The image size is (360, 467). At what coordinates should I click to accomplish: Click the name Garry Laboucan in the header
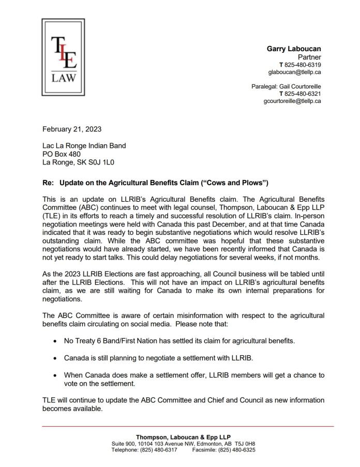[x=293, y=49]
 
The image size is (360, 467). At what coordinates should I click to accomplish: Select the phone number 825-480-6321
[x=302, y=94]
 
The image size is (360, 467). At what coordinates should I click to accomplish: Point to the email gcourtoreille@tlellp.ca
[x=292, y=101]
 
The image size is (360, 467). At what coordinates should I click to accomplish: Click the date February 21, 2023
[x=72, y=129]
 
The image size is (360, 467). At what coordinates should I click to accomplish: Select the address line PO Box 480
[x=62, y=154]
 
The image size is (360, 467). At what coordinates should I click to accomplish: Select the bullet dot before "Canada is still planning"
[x=55, y=358]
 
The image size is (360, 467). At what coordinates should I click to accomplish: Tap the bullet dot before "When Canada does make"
[x=55, y=375]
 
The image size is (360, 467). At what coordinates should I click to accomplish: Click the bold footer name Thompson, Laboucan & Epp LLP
[x=183, y=438]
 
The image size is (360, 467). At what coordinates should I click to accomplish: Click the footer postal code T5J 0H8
[x=244, y=444]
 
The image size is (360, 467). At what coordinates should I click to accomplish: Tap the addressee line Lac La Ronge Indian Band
[x=84, y=145]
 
